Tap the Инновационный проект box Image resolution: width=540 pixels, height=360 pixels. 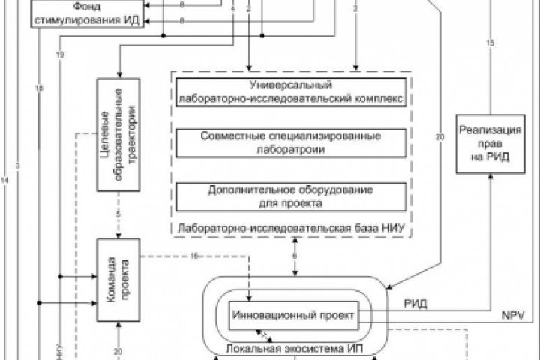click(291, 313)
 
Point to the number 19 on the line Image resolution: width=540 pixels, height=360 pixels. click(59, 55)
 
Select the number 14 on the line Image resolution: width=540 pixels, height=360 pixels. click(5, 181)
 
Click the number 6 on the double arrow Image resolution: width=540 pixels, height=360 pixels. click(295, 257)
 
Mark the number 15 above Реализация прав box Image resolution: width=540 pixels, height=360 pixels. click(490, 43)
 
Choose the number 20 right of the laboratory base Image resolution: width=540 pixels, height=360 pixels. click(439, 136)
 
